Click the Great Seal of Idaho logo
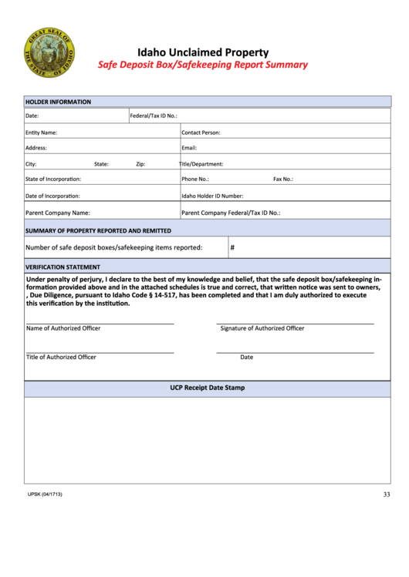tap(51, 55)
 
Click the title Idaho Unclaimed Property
tap(203, 52)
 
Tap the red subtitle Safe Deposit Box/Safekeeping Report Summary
tap(202, 65)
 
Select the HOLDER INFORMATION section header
tap(58, 102)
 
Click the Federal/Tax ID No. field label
tap(154, 116)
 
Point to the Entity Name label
tap(41, 133)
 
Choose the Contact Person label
tap(201, 133)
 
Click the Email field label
tap(189, 148)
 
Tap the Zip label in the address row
tap(140, 164)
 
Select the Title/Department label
tap(201, 164)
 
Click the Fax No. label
tap(283, 179)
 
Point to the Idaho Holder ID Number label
tap(212, 196)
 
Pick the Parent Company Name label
tap(58, 213)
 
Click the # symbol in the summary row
tap(232, 247)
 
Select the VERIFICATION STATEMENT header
tap(63, 267)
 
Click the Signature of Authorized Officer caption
tap(262, 328)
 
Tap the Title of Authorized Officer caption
tap(61, 357)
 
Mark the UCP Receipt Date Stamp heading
tap(207, 387)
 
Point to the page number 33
tap(386, 495)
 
